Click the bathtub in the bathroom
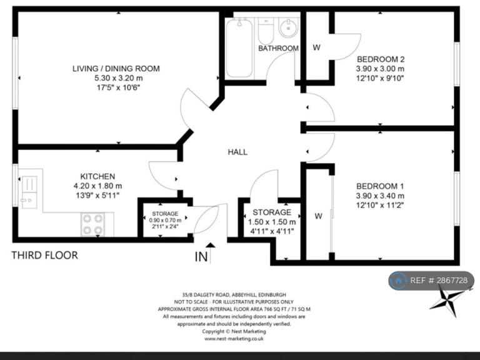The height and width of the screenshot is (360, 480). pyautogui.click(x=239, y=48)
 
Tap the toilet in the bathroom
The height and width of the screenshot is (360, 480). pyautogui.click(x=266, y=31)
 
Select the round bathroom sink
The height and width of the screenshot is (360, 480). pyautogui.click(x=288, y=28)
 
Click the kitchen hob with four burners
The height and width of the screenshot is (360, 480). pyautogui.click(x=92, y=224)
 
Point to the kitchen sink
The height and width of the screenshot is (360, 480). pyautogui.click(x=29, y=192)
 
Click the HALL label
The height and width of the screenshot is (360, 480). pyautogui.click(x=237, y=152)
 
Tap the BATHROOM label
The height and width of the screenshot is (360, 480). pyautogui.click(x=278, y=48)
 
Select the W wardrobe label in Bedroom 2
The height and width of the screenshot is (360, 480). pyautogui.click(x=317, y=47)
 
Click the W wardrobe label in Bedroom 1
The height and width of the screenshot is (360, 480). pyautogui.click(x=318, y=216)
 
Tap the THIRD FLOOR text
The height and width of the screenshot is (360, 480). pyautogui.click(x=45, y=255)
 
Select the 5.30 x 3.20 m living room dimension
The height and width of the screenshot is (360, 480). pyautogui.click(x=119, y=78)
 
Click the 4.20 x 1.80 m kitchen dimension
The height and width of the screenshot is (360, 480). pyautogui.click(x=97, y=186)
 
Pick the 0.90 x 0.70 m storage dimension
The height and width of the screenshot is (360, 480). pyautogui.click(x=165, y=220)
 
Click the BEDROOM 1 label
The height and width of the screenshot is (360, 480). pyautogui.click(x=380, y=186)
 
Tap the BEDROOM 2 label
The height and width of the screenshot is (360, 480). pyautogui.click(x=381, y=59)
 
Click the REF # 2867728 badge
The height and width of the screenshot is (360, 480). pyautogui.click(x=432, y=281)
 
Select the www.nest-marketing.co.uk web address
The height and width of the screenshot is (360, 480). pyautogui.click(x=234, y=339)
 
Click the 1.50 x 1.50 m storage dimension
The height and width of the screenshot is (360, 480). pyautogui.click(x=272, y=222)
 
